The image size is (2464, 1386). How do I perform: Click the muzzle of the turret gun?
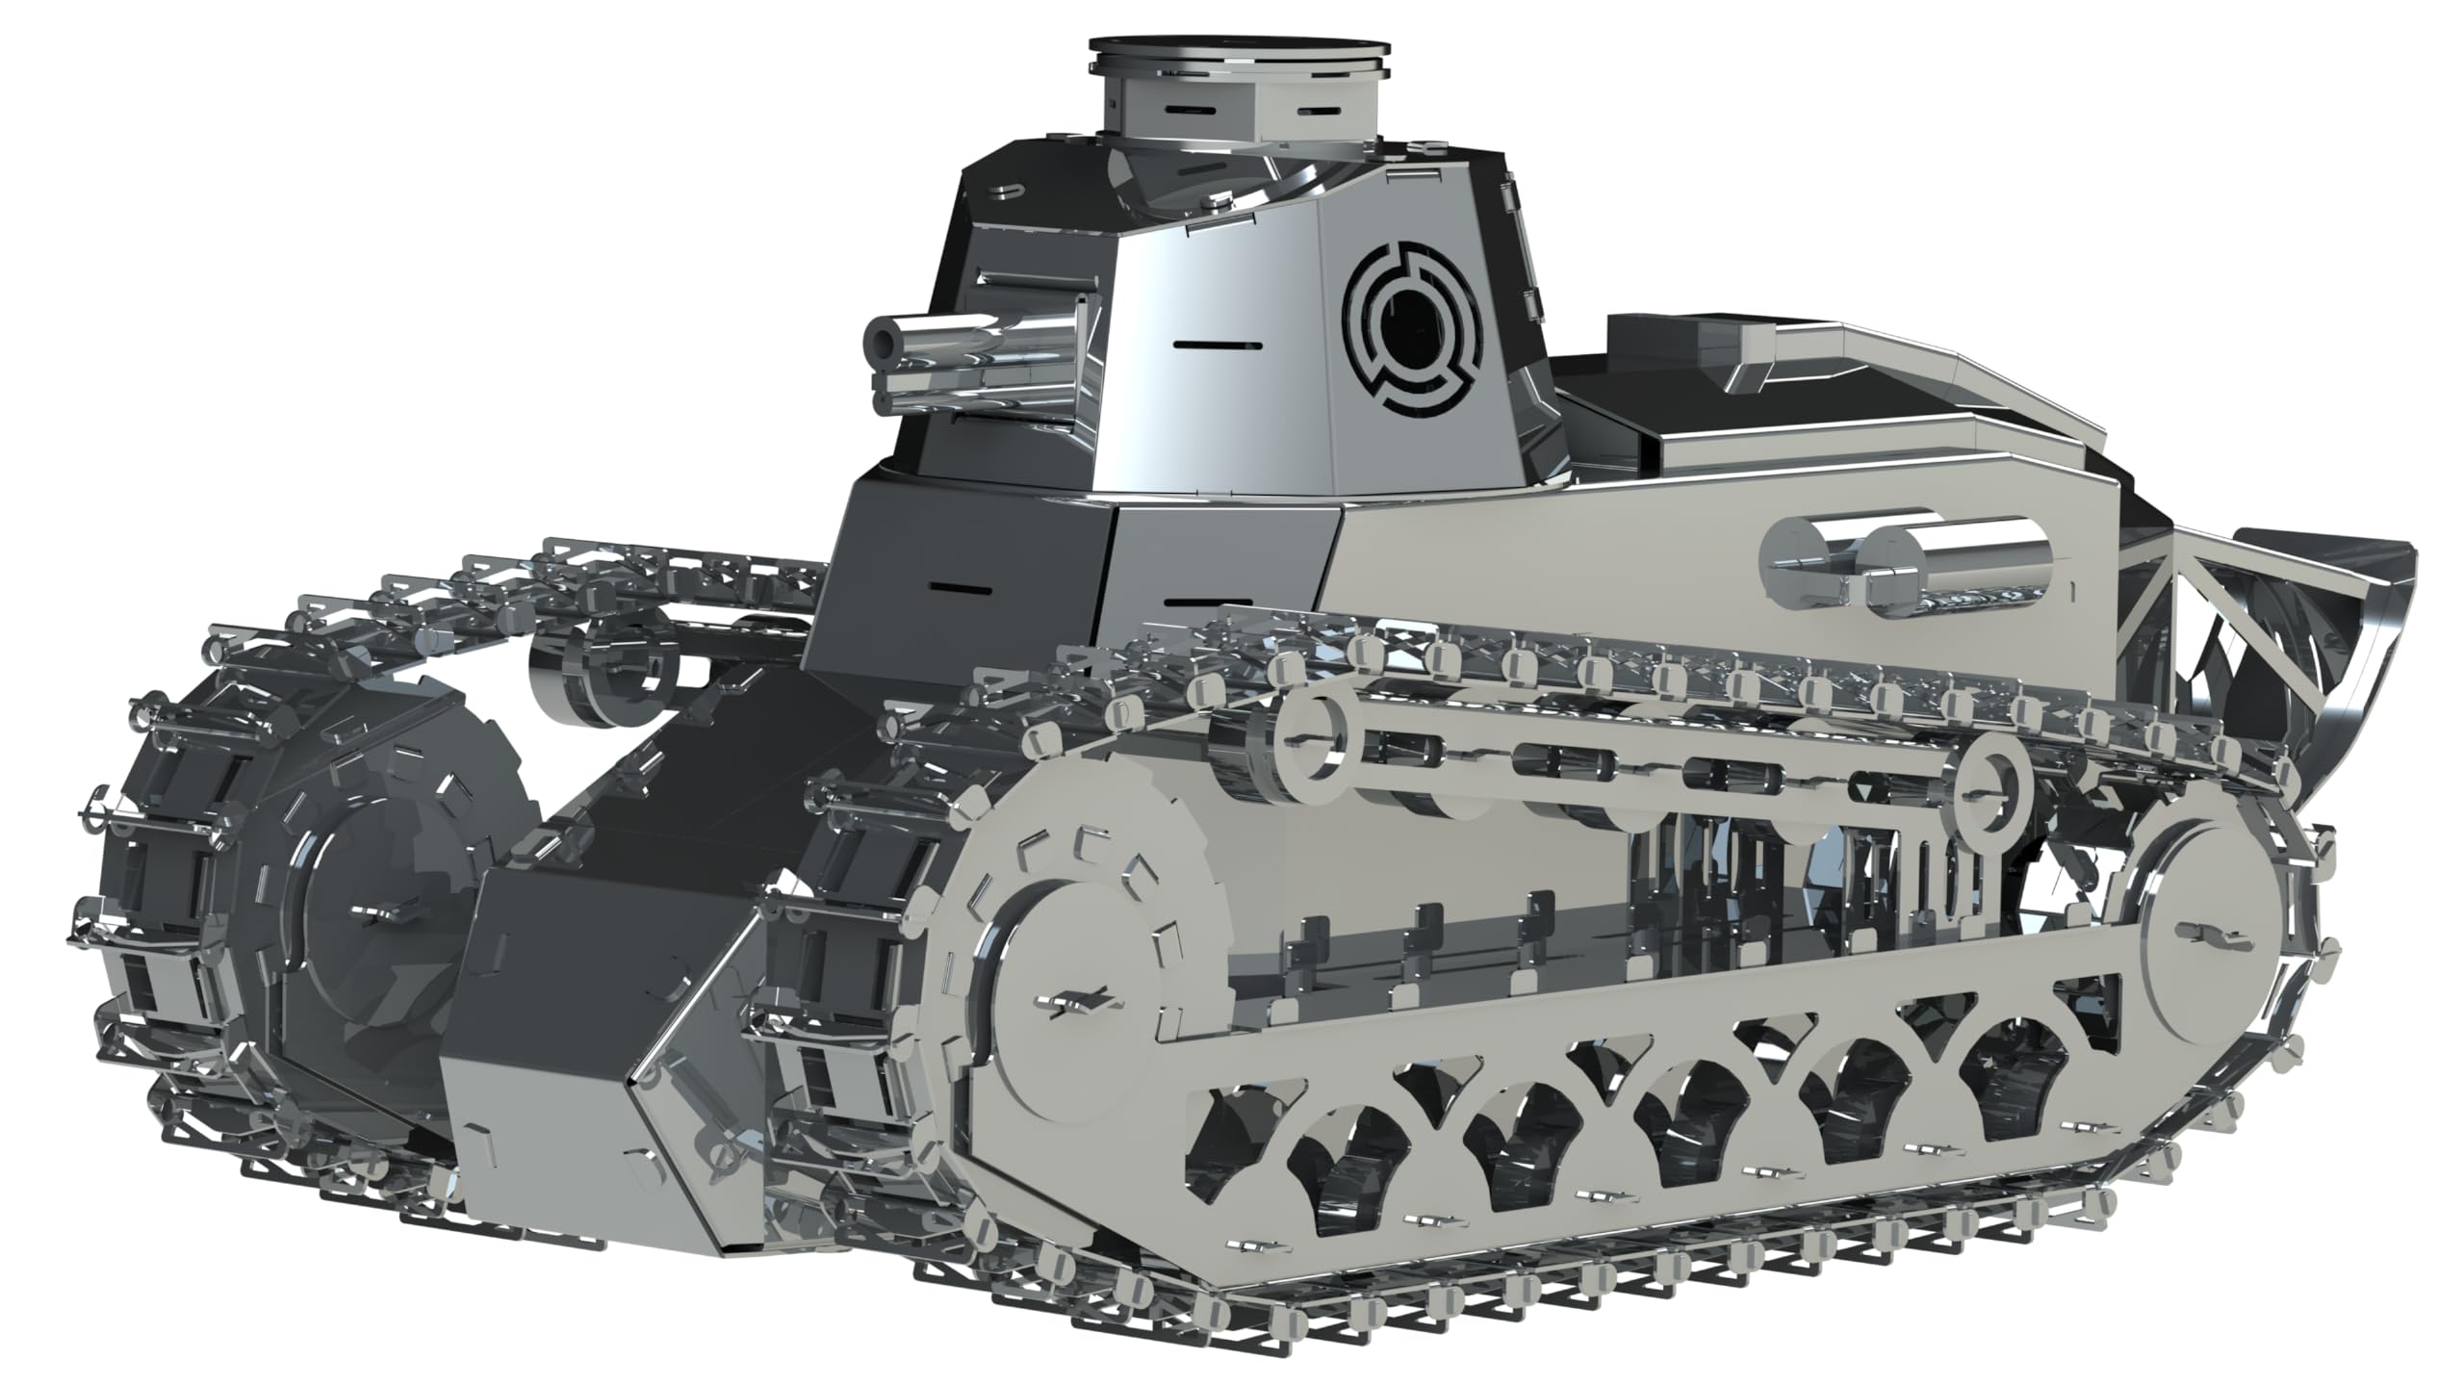coord(884,339)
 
